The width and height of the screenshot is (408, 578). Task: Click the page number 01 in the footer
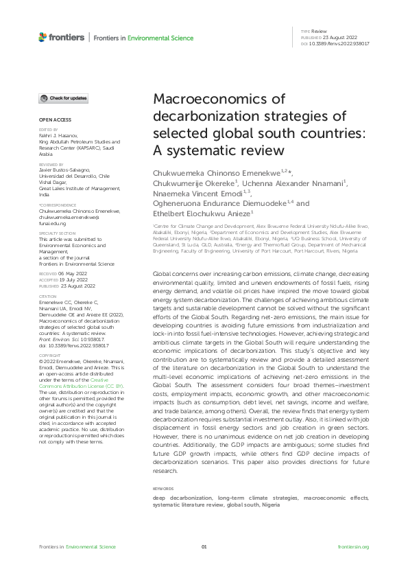coord(204,547)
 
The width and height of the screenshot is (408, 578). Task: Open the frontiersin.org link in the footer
coord(354,547)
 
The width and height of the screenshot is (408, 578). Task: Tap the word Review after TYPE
coord(319,32)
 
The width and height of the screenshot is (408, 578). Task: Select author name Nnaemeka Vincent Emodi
coord(194,194)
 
